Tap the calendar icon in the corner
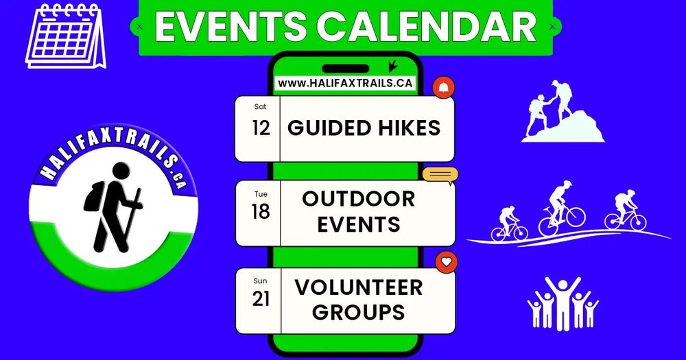click(x=66, y=36)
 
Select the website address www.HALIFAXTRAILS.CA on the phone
click(x=345, y=83)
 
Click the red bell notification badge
click(x=444, y=88)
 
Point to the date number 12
click(x=261, y=128)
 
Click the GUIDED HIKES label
click(x=364, y=128)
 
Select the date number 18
click(x=261, y=212)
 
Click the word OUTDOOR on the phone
click(x=358, y=199)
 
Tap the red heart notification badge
click(x=447, y=262)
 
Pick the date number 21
click(x=261, y=299)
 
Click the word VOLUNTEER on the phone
click(x=359, y=287)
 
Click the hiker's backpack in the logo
click(x=93, y=196)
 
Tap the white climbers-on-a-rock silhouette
click(x=563, y=111)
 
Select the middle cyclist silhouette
click(x=561, y=208)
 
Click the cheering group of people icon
click(x=563, y=303)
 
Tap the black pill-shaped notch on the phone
click(x=346, y=69)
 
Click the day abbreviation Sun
click(x=260, y=281)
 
